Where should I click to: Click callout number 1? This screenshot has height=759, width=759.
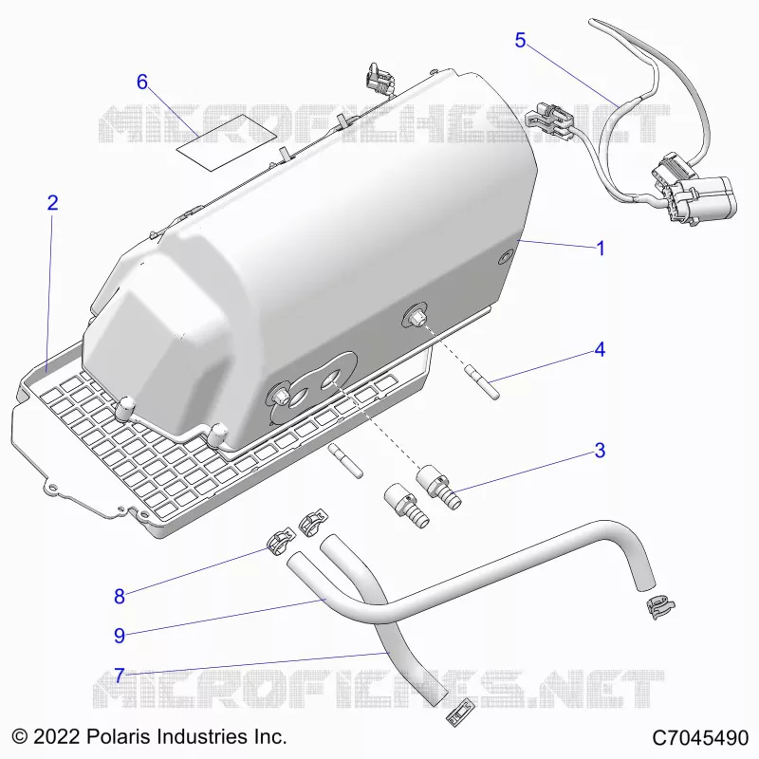601,249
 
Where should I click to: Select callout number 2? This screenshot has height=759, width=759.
52,202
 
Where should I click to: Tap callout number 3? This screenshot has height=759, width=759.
600,450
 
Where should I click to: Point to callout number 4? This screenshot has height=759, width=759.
600,349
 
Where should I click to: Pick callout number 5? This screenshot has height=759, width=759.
520,40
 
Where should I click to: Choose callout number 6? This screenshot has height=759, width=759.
141,82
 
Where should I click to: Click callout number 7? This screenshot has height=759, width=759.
120,676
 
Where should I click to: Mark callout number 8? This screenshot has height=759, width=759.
120,597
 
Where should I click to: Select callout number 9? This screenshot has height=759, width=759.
120,635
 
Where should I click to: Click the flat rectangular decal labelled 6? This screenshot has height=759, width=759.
227,142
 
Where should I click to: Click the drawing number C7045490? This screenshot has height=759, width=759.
700,738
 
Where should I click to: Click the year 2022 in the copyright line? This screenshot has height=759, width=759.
56,737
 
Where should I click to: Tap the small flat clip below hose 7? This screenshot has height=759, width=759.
460,713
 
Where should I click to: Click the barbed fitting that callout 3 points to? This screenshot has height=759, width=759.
438,487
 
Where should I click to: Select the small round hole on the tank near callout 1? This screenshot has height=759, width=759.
505,257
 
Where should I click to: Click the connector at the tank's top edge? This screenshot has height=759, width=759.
380,80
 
